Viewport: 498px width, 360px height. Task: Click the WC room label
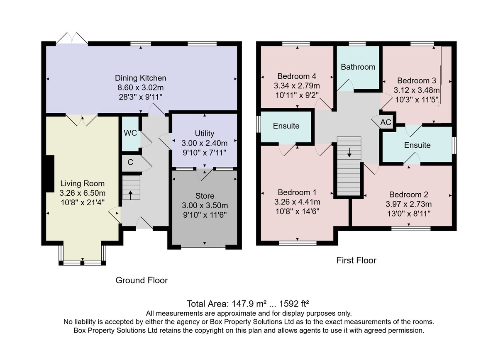coord(130,133)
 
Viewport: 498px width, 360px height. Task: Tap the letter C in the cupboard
coord(130,162)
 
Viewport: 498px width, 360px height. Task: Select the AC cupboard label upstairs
coord(386,122)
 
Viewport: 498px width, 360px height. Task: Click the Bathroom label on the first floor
coord(358,67)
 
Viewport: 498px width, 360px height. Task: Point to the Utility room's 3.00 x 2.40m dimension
coord(205,143)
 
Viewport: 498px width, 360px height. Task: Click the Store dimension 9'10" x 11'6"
coord(205,215)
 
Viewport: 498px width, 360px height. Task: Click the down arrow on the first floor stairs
coord(349,152)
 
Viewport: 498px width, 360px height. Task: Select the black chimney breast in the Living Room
coord(50,173)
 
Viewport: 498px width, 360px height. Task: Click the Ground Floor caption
coord(142,280)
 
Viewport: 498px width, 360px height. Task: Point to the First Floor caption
coord(356,260)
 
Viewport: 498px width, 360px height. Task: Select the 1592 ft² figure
coord(294,304)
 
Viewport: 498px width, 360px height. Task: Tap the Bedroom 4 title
coord(297,76)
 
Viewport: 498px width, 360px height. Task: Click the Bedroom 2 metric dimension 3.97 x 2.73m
coord(409,204)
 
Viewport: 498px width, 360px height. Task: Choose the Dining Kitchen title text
coord(141,78)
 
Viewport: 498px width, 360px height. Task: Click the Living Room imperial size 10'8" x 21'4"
coord(83,202)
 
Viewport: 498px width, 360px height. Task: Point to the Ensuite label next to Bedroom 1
coord(286,126)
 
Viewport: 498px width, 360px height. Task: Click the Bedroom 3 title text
coord(416,80)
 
